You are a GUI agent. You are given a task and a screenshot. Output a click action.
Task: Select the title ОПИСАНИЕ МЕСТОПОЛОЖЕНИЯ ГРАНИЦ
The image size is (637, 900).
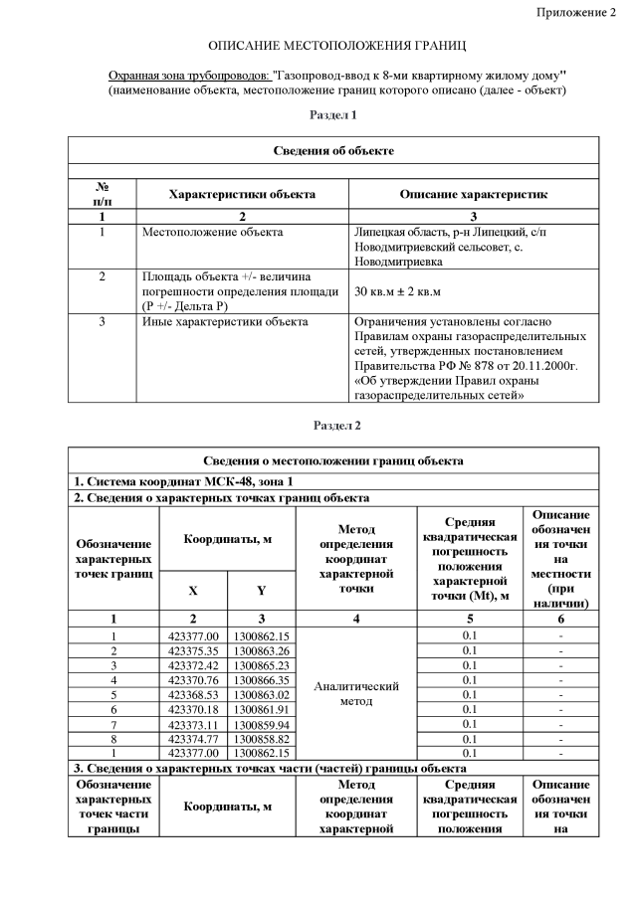336,47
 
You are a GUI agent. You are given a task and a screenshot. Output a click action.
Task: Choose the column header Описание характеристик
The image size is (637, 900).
473,193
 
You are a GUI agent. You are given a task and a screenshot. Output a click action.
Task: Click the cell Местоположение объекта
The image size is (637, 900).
212,233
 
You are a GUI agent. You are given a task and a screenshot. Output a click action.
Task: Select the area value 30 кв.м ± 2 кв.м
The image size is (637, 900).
397,291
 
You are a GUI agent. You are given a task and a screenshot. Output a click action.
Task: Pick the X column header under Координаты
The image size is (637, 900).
193,591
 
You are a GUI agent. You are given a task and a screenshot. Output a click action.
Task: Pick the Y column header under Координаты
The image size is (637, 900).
260,591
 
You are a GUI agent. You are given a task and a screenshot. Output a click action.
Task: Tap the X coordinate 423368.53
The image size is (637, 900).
193,694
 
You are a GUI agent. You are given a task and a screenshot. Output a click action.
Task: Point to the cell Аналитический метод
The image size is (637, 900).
356,694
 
